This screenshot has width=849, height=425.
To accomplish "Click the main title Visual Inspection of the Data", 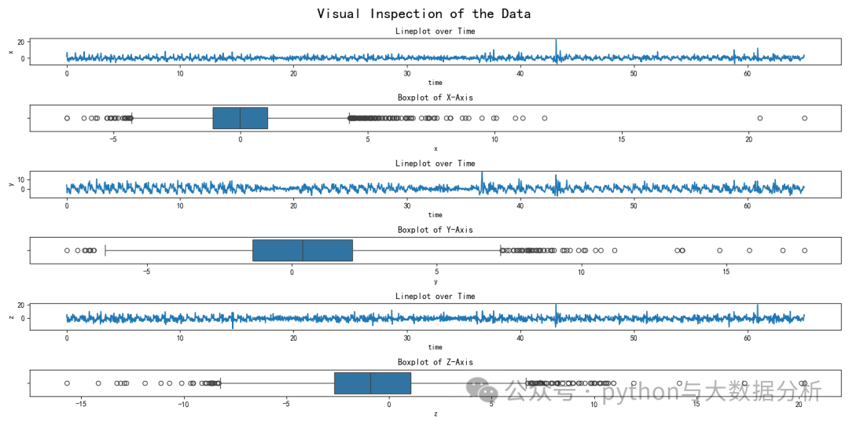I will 424,13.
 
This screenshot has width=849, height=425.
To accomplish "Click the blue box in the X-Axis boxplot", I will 240,118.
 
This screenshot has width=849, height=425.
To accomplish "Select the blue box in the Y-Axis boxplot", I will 302,250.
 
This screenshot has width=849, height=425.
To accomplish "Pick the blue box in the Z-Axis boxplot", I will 372,382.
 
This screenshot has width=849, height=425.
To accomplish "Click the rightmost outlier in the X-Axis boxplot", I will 804,118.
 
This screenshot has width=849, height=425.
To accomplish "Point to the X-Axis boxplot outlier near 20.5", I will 760,118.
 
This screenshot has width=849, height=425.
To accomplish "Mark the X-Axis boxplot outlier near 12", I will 544,118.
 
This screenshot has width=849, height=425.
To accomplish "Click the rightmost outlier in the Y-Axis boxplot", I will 804,250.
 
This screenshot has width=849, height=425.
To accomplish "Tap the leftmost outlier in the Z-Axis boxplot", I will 67,382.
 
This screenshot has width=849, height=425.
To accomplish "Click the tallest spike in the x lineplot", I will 556,41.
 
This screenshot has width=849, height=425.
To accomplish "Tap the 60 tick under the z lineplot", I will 747,339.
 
